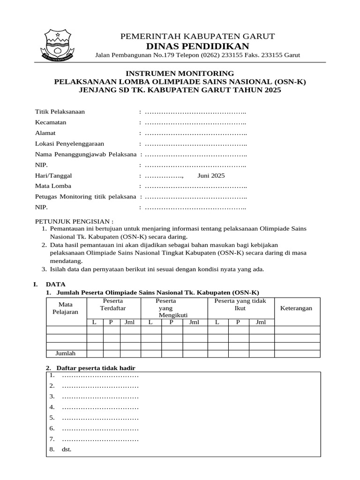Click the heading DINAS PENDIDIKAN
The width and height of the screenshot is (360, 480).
click(x=197, y=45)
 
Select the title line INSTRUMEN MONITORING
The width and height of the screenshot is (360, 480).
click(x=180, y=74)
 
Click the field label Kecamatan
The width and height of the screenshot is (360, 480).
click(x=51, y=122)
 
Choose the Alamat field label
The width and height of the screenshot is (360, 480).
click(x=45, y=133)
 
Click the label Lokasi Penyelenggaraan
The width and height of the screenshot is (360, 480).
click(x=70, y=144)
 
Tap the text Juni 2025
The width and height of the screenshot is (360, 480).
click(x=211, y=176)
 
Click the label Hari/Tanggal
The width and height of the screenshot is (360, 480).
click(x=53, y=176)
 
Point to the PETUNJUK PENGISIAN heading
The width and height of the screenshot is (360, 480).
click(x=75, y=221)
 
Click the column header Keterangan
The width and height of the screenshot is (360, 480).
click(x=296, y=308)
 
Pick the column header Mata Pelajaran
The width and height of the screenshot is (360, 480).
click(x=66, y=308)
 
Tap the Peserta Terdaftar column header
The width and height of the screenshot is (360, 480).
click(x=113, y=304)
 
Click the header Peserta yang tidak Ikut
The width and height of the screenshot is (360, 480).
click(x=240, y=304)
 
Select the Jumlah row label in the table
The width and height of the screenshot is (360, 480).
click(x=66, y=353)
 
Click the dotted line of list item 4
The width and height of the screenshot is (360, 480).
click(x=100, y=407)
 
